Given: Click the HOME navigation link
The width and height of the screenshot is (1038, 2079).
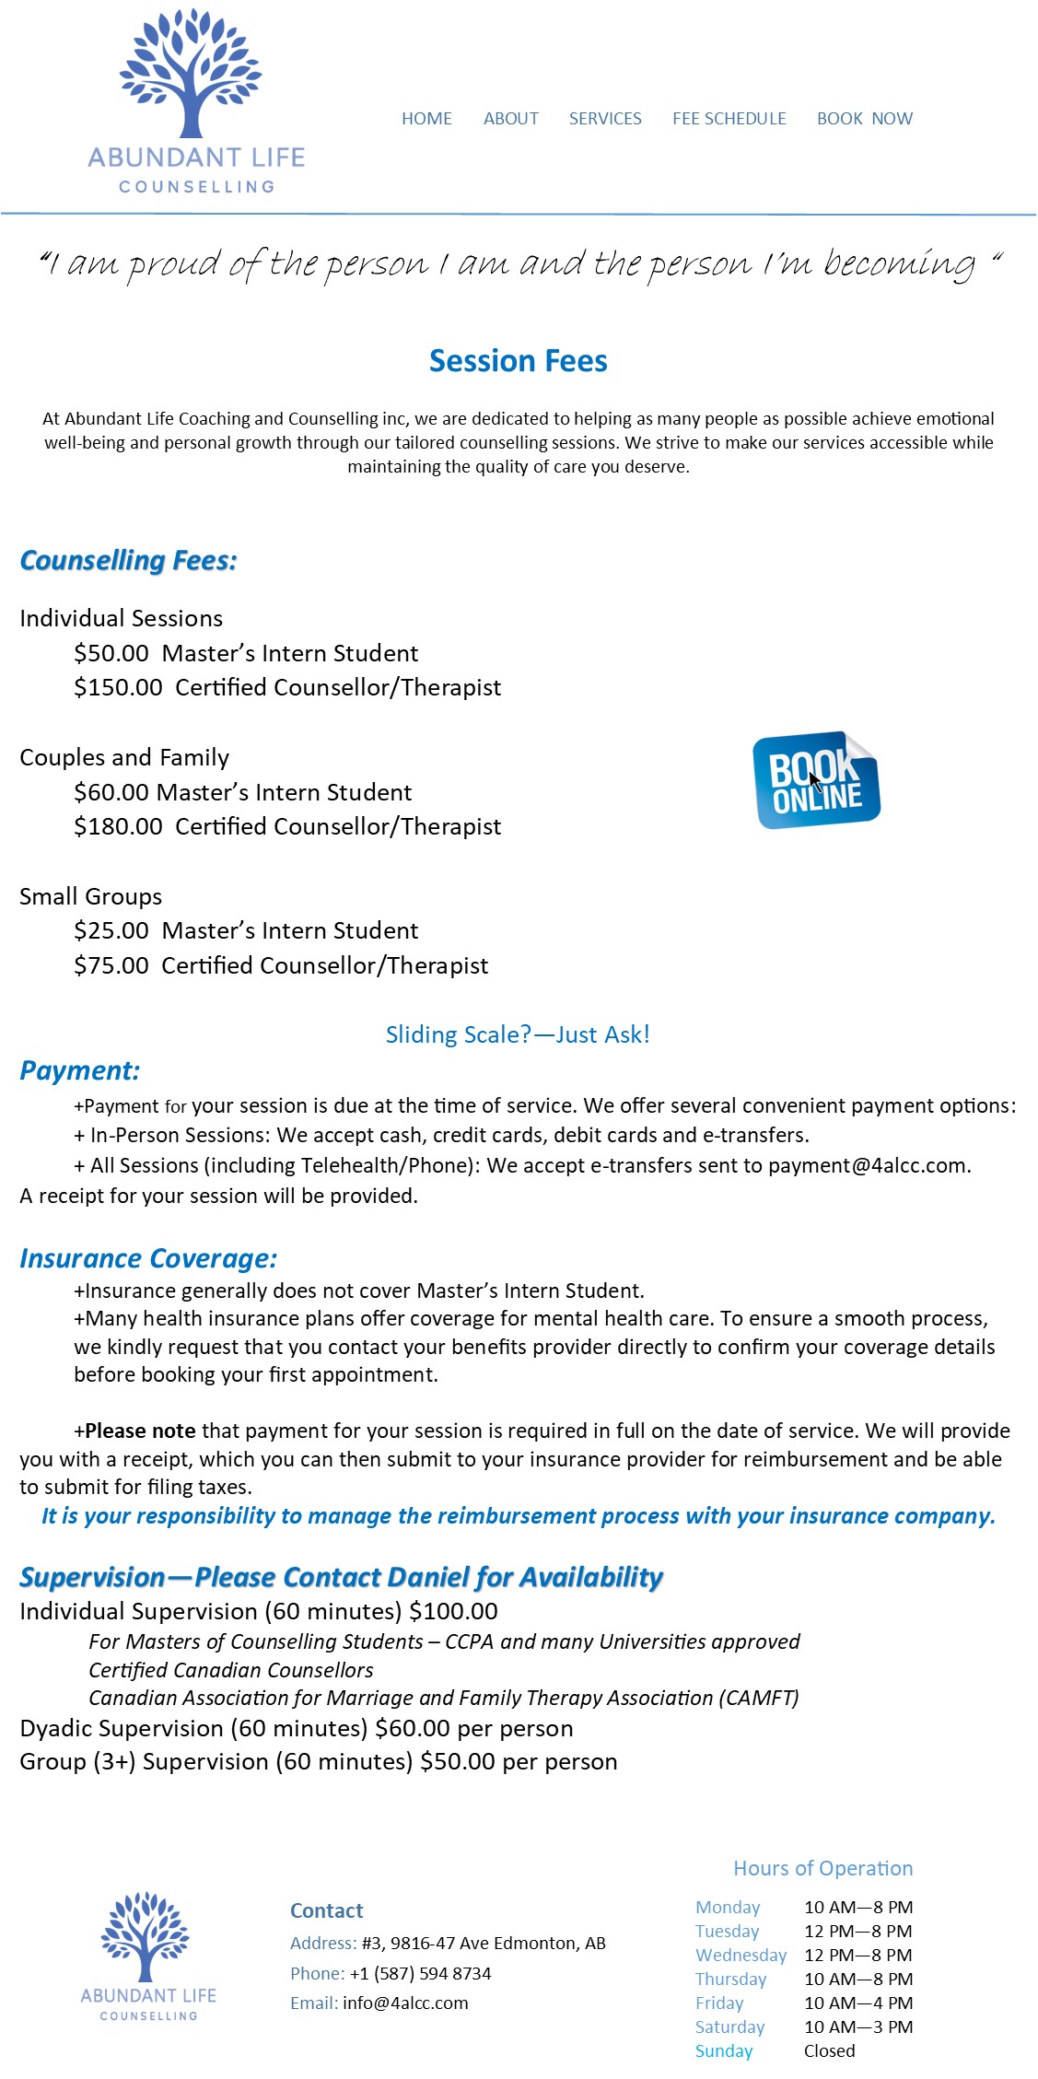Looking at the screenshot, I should (x=426, y=119).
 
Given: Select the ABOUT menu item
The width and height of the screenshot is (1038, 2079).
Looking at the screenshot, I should (x=511, y=119).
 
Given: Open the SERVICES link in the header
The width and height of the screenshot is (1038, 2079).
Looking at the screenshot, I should (x=605, y=119).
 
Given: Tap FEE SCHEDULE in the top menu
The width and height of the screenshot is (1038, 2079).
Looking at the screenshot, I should (x=729, y=119).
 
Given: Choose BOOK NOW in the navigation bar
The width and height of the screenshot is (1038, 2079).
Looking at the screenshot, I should (x=865, y=119).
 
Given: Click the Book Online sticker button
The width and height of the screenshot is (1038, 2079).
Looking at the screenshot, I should (x=816, y=780).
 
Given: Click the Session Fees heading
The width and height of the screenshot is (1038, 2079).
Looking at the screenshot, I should (x=519, y=361).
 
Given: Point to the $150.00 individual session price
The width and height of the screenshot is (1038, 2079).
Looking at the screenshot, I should (x=118, y=688).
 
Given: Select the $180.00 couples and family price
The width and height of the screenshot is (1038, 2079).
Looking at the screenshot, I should (x=118, y=827).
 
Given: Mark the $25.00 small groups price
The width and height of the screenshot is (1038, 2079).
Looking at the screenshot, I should (x=111, y=931).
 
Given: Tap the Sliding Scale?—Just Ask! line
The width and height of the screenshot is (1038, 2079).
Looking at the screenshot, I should (x=518, y=1035).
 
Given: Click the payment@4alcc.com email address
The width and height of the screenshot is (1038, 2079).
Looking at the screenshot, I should (x=868, y=1166).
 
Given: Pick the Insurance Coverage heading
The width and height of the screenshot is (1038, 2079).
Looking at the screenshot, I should (x=148, y=1259).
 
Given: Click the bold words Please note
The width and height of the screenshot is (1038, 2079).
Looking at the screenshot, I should (x=140, y=1431).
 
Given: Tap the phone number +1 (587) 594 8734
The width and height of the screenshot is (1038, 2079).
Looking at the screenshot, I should (x=420, y=1974).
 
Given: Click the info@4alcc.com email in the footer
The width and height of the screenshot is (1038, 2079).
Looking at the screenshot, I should (x=405, y=2003).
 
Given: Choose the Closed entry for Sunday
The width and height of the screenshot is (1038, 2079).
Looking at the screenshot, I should (x=829, y=2051).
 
